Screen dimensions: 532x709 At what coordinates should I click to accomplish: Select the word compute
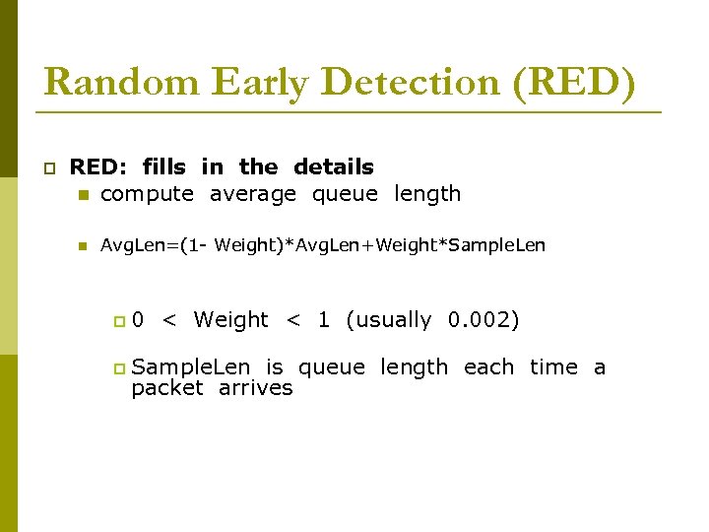tap(148, 194)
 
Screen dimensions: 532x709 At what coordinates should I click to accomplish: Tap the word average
tap(253, 194)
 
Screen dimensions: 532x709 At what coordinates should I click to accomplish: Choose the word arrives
tap(256, 388)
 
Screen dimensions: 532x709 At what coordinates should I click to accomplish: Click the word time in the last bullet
tap(553, 367)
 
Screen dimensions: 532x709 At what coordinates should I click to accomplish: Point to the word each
tap(488, 367)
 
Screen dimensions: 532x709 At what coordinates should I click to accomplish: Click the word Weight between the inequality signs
tap(230, 320)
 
